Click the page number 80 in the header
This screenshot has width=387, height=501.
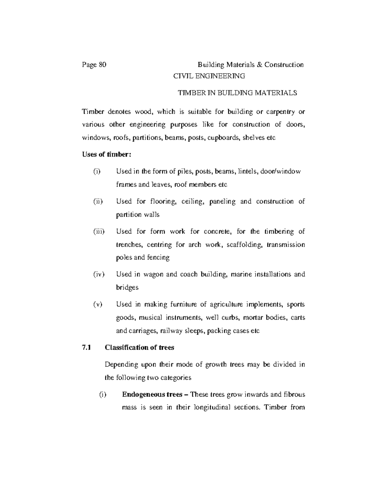click(x=102, y=65)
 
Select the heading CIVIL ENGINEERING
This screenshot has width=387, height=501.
click(x=209, y=76)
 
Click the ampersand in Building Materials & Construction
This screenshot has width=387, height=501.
click(x=260, y=65)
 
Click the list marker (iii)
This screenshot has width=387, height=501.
click(x=99, y=232)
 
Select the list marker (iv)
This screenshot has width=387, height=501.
click(x=99, y=275)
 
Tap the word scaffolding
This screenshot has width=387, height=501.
click(x=245, y=245)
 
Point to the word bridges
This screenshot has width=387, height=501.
click(x=127, y=287)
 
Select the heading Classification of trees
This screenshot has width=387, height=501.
click(x=139, y=348)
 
